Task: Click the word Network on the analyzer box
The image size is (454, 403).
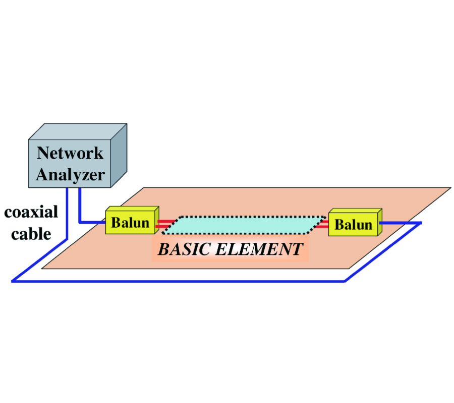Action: [70, 153]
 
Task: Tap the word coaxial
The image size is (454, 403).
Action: [31, 212]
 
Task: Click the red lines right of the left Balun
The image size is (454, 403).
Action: [165, 223]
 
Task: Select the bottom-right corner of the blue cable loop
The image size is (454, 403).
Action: [345, 281]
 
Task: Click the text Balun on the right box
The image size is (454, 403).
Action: [353, 225]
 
